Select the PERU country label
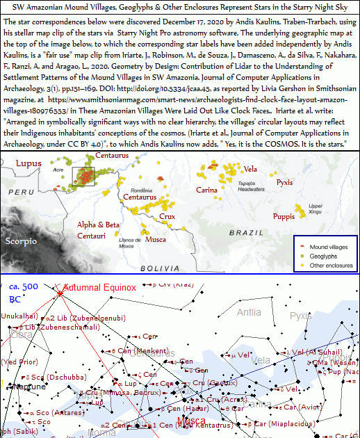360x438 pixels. [25, 191]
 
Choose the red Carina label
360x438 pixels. [206, 190]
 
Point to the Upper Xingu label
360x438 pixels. [315, 208]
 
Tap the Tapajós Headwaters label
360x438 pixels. [252, 182]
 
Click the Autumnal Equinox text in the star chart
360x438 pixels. [99, 288]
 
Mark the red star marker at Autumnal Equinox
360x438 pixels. [60, 293]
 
